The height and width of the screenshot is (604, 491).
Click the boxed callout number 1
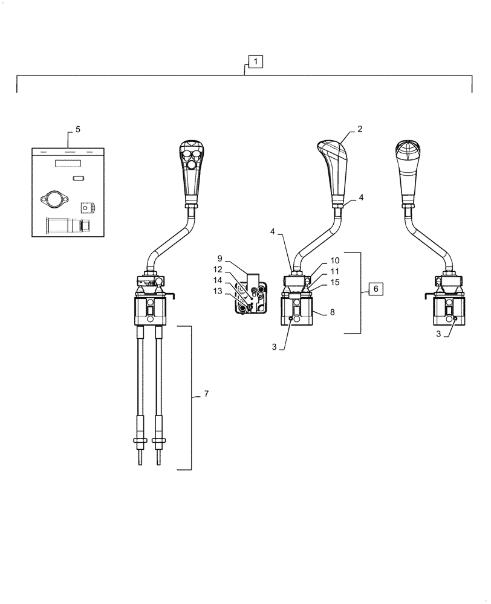(255, 62)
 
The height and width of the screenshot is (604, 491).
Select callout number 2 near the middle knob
(360, 129)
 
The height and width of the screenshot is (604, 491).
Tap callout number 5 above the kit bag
(77, 130)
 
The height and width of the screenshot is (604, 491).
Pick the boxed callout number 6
(375, 289)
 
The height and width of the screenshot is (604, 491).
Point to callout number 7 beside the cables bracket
(206, 394)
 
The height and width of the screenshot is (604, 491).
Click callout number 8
(332, 313)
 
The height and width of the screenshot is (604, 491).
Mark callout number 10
(334, 260)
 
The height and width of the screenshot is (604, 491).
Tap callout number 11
(334, 271)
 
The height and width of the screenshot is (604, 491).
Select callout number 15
(334, 282)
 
